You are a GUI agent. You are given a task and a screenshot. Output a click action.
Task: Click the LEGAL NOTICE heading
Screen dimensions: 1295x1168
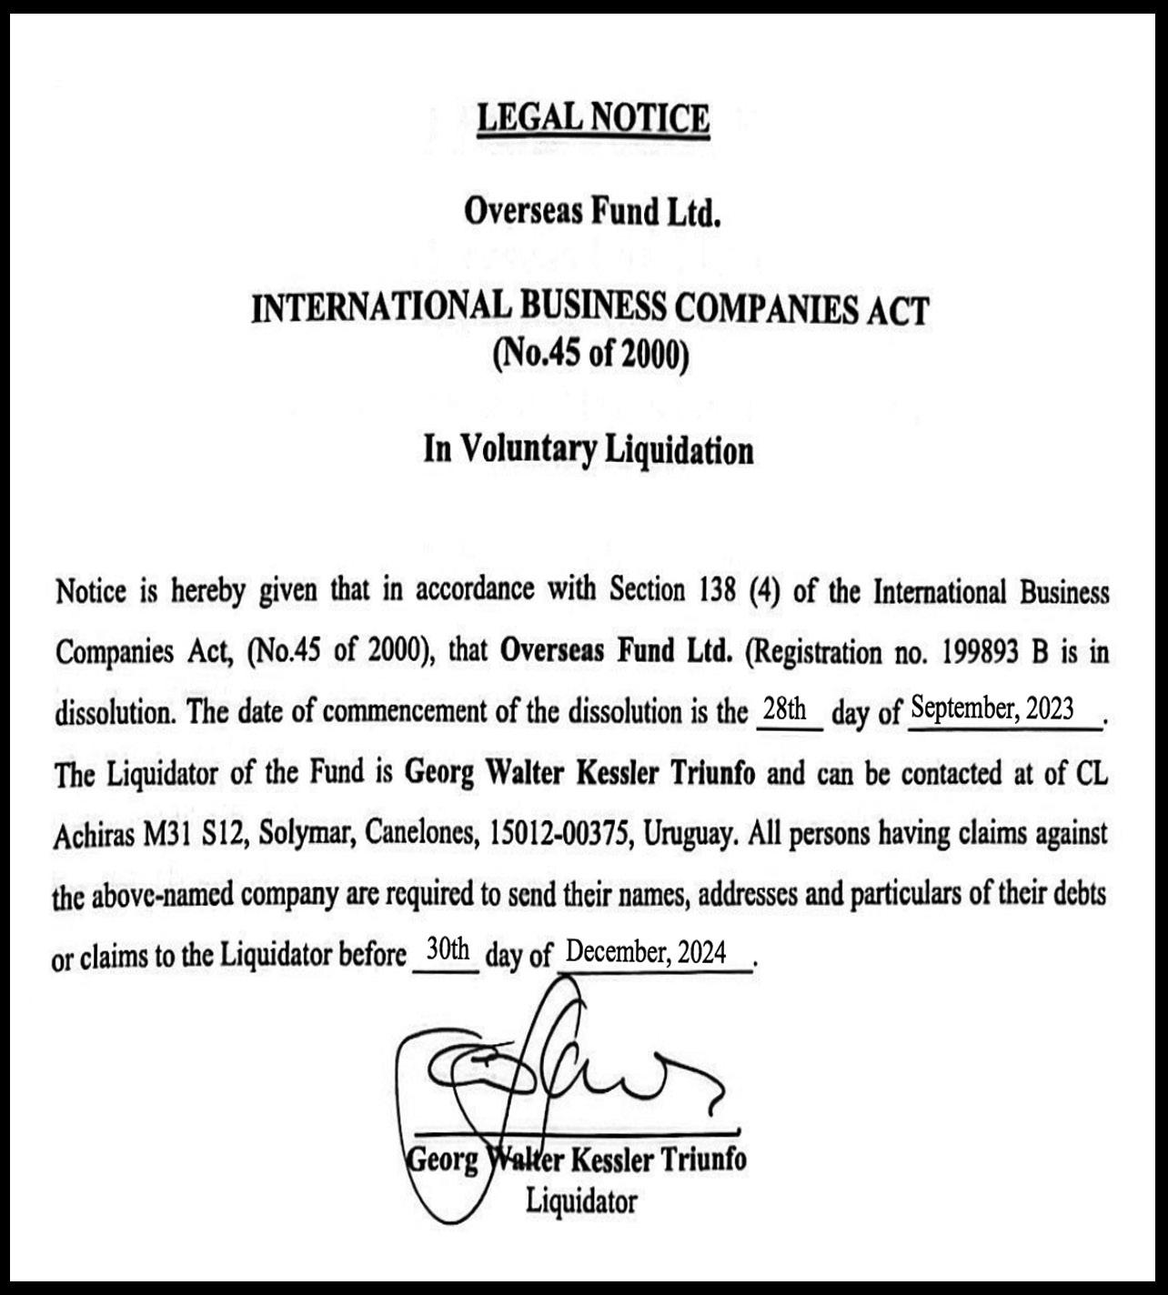(592, 118)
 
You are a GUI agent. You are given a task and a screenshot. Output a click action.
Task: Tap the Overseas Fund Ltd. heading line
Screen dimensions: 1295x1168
(592, 211)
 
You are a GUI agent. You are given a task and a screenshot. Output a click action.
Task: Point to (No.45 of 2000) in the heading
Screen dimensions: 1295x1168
(590, 354)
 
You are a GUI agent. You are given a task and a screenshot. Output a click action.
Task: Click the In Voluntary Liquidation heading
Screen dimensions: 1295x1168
(589, 449)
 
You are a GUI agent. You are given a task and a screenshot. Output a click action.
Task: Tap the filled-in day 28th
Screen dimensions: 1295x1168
(785, 709)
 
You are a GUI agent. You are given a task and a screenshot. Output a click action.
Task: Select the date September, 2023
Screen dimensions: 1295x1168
(992, 708)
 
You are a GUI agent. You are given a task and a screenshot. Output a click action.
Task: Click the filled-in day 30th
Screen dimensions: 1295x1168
(448, 950)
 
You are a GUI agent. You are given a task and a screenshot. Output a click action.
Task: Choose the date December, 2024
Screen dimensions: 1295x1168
(646, 952)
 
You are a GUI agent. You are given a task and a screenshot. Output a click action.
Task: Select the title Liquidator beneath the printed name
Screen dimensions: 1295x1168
(581, 1201)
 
